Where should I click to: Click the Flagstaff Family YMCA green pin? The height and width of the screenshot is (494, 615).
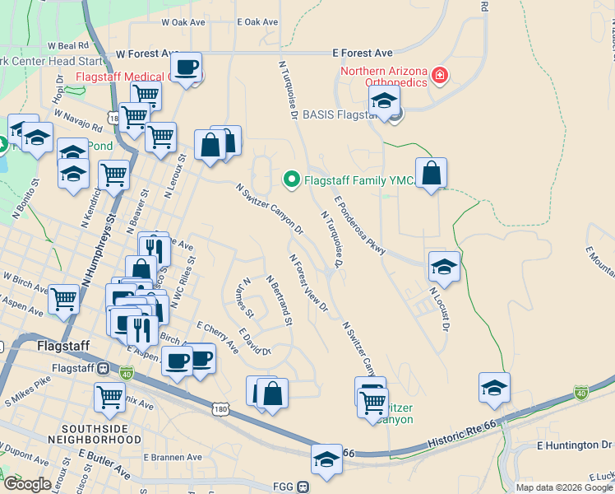click(x=290, y=178)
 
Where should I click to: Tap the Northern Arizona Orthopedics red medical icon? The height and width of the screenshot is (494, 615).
click(x=441, y=76)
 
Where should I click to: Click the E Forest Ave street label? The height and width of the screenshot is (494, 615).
click(x=363, y=52)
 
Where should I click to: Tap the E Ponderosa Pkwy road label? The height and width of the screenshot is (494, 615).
click(x=360, y=229)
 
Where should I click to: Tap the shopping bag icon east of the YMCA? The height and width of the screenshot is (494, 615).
click(x=431, y=173)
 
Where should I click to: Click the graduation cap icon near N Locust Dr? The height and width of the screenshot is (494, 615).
click(x=444, y=267)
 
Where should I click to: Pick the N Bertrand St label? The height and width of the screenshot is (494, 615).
click(x=279, y=300)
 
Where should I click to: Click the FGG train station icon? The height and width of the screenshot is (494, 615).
click(x=303, y=486)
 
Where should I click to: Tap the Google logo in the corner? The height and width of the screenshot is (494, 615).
click(x=28, y=484)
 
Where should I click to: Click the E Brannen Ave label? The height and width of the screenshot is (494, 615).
click(x=172, y=457)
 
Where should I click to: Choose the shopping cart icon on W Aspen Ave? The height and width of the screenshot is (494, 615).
click(x=63, y=299)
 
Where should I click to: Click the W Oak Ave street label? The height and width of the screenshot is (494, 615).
click(x=183, y=22)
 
